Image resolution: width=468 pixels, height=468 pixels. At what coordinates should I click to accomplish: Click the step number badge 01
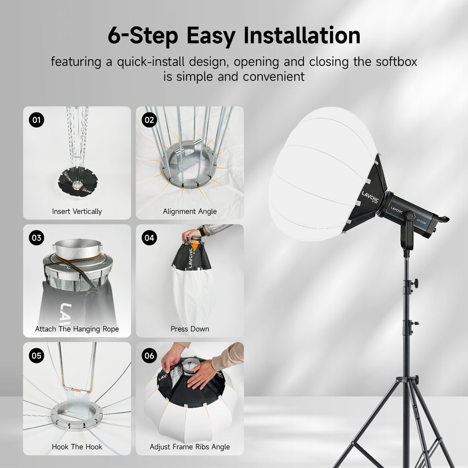37,120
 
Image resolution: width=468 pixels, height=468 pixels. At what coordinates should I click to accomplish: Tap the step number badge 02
149,120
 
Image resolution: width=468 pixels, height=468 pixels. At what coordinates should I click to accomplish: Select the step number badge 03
37,238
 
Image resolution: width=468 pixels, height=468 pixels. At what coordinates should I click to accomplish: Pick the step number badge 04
149,238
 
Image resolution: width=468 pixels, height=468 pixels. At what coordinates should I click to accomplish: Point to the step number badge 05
37,355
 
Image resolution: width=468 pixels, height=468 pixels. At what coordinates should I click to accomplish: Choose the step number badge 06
149,355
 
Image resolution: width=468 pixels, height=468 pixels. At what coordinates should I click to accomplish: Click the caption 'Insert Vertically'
77,211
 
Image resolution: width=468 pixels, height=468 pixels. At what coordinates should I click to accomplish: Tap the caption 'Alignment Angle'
190,211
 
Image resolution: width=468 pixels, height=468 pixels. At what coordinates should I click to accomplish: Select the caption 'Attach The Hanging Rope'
77,329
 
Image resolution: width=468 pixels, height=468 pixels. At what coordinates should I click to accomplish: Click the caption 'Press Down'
190,329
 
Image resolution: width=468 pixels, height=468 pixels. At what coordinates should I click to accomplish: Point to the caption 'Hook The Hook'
77,447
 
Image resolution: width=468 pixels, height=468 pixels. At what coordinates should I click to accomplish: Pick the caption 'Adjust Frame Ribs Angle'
190,447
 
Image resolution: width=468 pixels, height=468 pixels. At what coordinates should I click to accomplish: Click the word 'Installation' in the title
302,36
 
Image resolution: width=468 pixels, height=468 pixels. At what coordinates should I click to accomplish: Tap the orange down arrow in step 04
195,246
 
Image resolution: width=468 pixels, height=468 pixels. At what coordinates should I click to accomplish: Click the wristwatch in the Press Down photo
202,231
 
